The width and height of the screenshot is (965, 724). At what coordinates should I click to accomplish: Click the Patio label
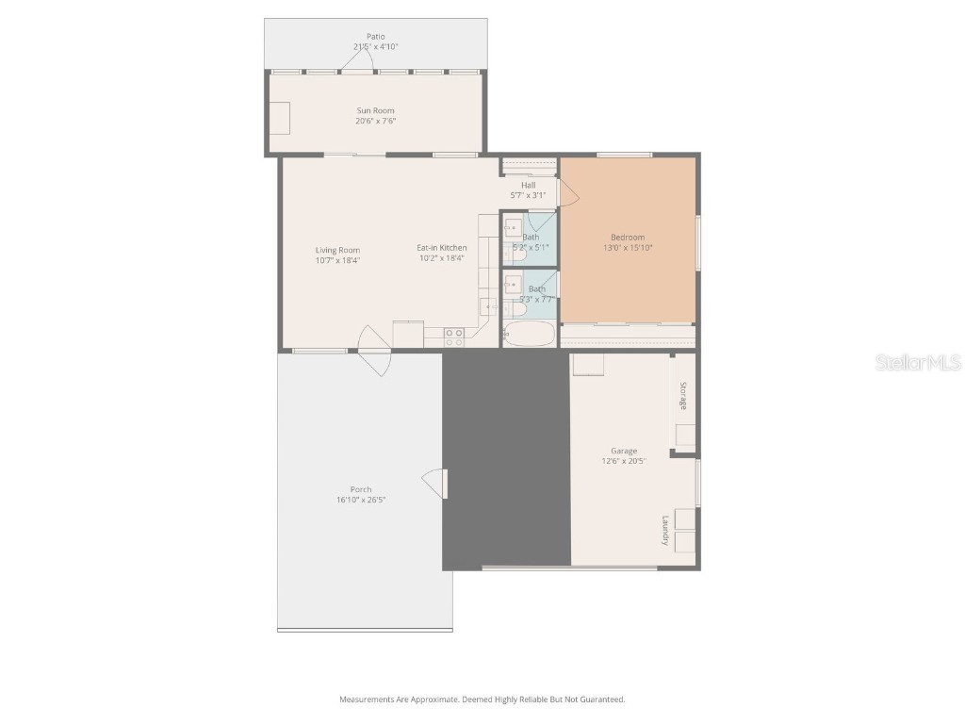[375, 37]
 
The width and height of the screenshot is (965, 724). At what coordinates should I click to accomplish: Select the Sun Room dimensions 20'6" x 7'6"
[375, 121]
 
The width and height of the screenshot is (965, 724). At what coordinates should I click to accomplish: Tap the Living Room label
[337, 250]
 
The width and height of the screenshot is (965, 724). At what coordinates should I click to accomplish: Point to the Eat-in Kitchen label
[441, 248]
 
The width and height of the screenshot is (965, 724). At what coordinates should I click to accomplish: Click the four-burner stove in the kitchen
[454, 337]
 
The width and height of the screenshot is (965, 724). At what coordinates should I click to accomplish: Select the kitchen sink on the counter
[489, 305]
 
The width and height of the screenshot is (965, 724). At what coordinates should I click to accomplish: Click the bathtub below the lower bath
[529, 335]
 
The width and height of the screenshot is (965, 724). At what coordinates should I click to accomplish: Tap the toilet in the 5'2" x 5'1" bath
[515, 254]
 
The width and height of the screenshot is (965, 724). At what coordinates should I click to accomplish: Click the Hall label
[528, 185]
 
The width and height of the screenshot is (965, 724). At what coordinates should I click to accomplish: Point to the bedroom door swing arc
[569, 193]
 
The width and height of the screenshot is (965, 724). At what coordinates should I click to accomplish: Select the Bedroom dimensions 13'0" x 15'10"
[628, 248]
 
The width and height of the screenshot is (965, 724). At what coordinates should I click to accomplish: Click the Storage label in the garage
[683, 396]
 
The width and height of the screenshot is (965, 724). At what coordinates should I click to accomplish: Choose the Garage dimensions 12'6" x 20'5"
[623, 462]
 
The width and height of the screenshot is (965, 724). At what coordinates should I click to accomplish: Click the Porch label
[360, 489]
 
